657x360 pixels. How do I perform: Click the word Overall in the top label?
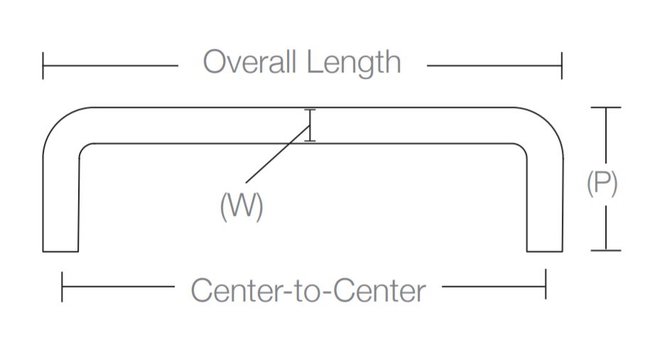(249, 62)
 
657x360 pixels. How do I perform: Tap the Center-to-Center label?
(308, 290)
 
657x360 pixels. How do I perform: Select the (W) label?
(241, 207)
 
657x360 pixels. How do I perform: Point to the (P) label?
(602, 185)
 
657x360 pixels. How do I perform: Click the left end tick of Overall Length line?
(43, 65)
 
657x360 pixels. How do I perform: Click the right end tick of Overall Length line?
(562, 65)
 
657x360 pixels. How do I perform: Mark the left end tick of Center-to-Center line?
(63, 287)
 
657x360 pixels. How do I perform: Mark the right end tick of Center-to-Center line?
(545, 287)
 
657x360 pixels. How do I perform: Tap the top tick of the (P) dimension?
(605, 108)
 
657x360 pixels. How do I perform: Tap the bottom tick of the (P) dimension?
(605, 250)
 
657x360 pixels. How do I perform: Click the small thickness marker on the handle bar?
(310, 126)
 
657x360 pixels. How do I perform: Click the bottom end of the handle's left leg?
(60, 250)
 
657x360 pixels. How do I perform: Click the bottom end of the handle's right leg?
(545, 250)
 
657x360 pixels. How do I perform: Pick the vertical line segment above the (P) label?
(605, 138)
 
